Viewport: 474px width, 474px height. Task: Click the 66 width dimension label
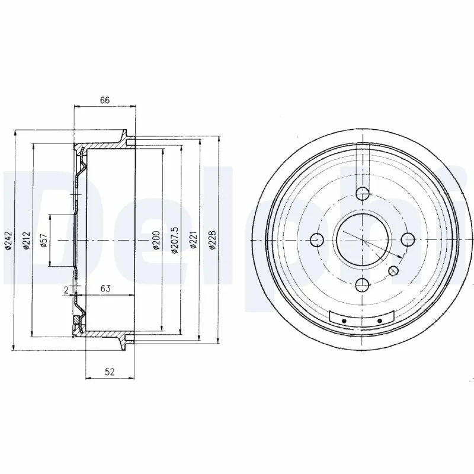(x=104, y=100)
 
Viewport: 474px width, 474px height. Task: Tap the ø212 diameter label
(x=27, y=240)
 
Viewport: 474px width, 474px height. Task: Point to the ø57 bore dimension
(x=44, y=240)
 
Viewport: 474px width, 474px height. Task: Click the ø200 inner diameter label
(x=155, y=240)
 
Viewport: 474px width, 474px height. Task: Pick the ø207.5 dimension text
(x=174, y=240)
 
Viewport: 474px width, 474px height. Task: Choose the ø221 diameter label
(x=193, y=240)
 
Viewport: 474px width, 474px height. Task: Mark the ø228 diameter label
(x=212, y=240)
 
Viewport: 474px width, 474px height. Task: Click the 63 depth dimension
(x=106, y=288)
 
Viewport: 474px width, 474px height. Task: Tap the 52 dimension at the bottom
(x=109, y=372)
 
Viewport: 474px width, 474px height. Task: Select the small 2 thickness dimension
(x=66, y=289)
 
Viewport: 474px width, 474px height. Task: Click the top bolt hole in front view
(x=362, y=193)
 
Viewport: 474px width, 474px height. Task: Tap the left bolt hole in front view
(x=317, y=239)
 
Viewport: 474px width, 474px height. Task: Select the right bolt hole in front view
(x=408, y=239)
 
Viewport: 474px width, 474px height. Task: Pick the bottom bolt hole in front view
(x=362, y=286)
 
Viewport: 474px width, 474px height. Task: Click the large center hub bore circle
(x=362, y=239)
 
